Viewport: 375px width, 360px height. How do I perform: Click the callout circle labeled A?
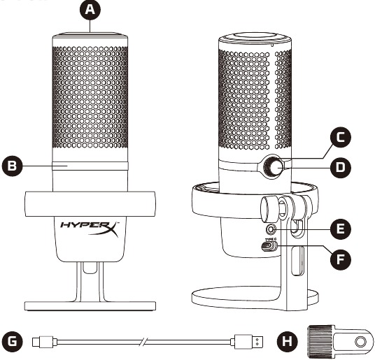(x=90, y=10)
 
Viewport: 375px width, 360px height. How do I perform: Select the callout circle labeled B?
(x=12, y=166)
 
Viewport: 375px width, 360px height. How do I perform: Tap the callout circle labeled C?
(x=341, y=137)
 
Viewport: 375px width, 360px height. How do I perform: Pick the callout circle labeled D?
(x=341, y=167)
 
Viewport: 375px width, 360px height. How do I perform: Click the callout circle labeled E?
(x=341, y=229)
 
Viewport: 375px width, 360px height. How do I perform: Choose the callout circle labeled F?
(x=341, y=259)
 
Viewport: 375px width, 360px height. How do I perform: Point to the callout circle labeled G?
(x=12, y=342)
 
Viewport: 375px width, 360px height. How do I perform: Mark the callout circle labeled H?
(x=288, y=342)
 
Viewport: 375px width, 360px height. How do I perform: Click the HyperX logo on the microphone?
(x=90, y=229)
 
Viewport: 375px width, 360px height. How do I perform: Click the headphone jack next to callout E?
(x=271, y=229)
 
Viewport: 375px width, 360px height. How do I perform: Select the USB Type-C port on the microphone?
(x=269, y=247)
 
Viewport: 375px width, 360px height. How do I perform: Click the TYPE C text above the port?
(x=271, y=239)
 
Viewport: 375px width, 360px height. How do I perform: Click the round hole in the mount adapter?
(x=360, y=342)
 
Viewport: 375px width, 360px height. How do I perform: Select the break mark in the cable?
(x=143, y=342)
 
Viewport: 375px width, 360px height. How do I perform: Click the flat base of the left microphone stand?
(x=90, y=306)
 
